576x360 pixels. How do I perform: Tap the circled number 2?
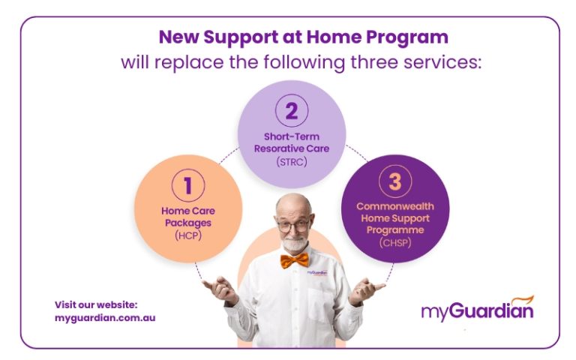[x=291, y=112]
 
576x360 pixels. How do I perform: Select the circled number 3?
[x=395, y=181]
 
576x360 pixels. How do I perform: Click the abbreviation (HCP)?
[x=187, y=235]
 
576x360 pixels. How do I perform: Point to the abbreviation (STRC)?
[x=291, y=160]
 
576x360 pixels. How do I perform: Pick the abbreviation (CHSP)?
[x=395, y=242]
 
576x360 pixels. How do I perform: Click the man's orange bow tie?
[x=294, y=260]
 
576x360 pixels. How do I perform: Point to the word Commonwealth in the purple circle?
[x=395, y=205]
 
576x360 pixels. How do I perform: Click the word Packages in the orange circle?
[x=187, y=223]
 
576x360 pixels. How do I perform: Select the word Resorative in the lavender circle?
[x=277, y=148]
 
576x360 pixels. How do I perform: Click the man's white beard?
[x=294, y=244]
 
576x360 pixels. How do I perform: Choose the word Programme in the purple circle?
[x=395, y=230]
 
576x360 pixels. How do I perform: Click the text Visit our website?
[x=96, y=304]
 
